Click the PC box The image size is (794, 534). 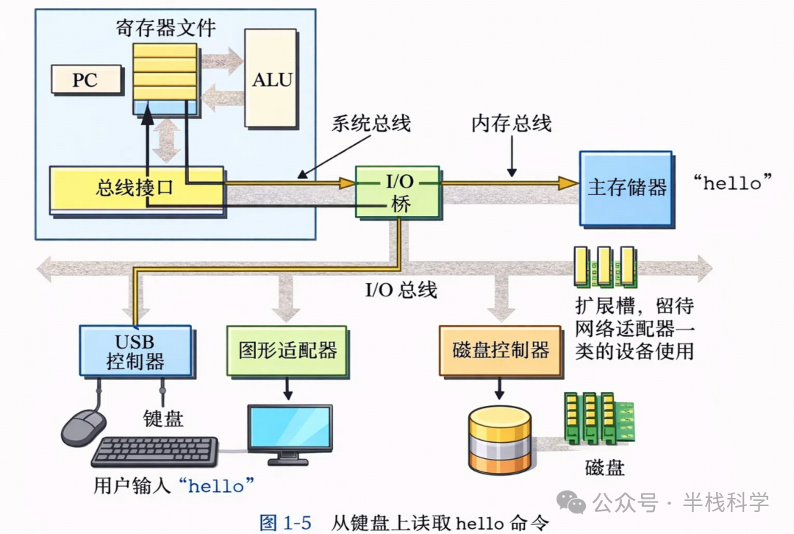point(85,79)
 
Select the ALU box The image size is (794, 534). point(272,79)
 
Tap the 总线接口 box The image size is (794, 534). point(135,188)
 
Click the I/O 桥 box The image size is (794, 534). point(398,191)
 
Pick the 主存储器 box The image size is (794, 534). point(626,188)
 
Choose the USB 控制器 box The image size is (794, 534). point(135,352)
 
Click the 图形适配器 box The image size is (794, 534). point(287,350)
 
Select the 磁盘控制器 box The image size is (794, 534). point(500,350)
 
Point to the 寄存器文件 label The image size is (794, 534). point(165,28)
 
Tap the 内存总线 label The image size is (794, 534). point(511,123)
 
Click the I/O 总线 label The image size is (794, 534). point(401,290)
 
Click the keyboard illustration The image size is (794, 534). point(155,451)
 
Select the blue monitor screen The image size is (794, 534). point(289,427)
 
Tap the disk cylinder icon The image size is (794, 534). point(499,440)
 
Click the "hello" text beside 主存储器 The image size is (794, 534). point(733,182)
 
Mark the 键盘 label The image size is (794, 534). point(162,419)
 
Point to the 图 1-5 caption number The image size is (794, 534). point(286,523)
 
